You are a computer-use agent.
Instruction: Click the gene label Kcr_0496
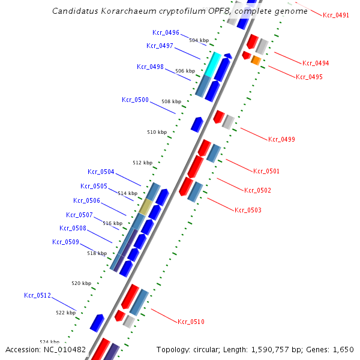tap(166, 32)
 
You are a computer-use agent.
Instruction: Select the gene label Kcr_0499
tap(281, 139)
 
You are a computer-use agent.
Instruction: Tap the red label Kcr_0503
tap(248, 210)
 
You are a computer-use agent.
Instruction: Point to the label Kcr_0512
tap(37, 295)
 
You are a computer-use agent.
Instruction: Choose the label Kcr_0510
tap(191, 322)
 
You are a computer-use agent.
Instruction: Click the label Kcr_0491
tap(335, 15)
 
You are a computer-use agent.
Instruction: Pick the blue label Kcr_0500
tap(135, 100)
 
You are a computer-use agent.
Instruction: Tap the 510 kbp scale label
tap(157, 132)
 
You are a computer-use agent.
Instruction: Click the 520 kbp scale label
tap(81, 283)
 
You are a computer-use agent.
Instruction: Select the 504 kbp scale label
tap(199, 41)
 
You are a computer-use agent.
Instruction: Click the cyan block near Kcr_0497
tap(212, 64)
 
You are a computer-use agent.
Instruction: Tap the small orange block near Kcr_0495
tap(256, 60)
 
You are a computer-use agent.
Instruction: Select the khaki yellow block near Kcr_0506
tap(146, 207)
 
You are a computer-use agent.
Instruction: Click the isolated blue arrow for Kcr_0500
tap(197, 124)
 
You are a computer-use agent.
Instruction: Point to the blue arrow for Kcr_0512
tap(97, 322)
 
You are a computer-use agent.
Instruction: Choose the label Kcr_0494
tap(315, 63)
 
